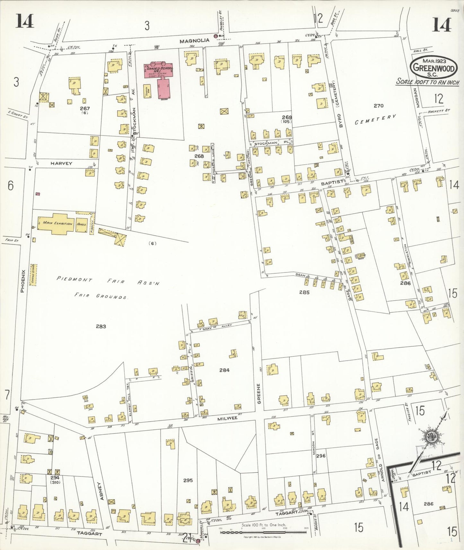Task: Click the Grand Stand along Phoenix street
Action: click(x=33, y=274)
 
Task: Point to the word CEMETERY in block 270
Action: click(x=375, y=120)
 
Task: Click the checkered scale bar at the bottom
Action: click(x=263, y=532)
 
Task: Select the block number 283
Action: click(x=101, y=326)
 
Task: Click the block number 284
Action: click(x=224, y=370)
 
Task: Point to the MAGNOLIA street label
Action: click(x=195, y=41)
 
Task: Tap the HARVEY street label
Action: click(x=61, y=163)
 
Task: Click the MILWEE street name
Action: click(x=227, y=418)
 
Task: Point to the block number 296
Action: click(x=321, y=456)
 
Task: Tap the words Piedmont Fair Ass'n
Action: click(x=108, y=281)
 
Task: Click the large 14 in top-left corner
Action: click(x=24, y=22)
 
